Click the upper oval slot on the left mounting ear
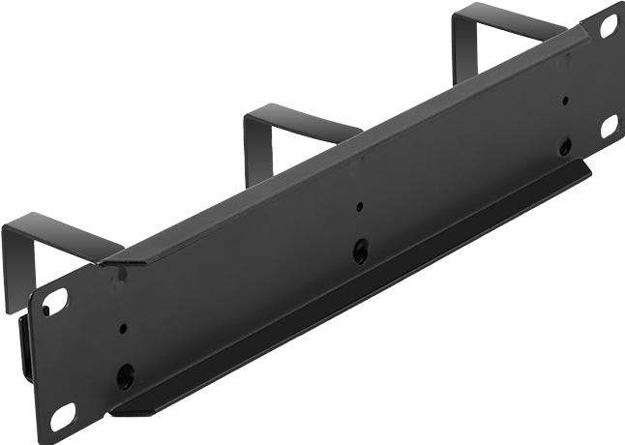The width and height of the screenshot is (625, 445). [x=54, y=303]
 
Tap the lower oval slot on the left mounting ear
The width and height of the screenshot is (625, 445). [x=63, y=417]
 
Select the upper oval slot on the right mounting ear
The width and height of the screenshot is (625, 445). [x=609, y=27]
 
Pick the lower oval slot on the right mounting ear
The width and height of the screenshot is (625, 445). [x=609, y=125]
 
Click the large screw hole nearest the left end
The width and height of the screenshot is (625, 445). [x=125, y=375]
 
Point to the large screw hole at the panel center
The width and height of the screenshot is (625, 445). [x=360, y=252]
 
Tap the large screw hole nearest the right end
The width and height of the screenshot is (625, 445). [x=565, y=146]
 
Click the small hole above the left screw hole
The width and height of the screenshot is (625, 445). [x=123, y=329]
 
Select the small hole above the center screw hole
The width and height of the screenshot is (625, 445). [x=359, y=207]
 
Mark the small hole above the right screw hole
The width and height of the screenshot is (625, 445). [x=565, y=100]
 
